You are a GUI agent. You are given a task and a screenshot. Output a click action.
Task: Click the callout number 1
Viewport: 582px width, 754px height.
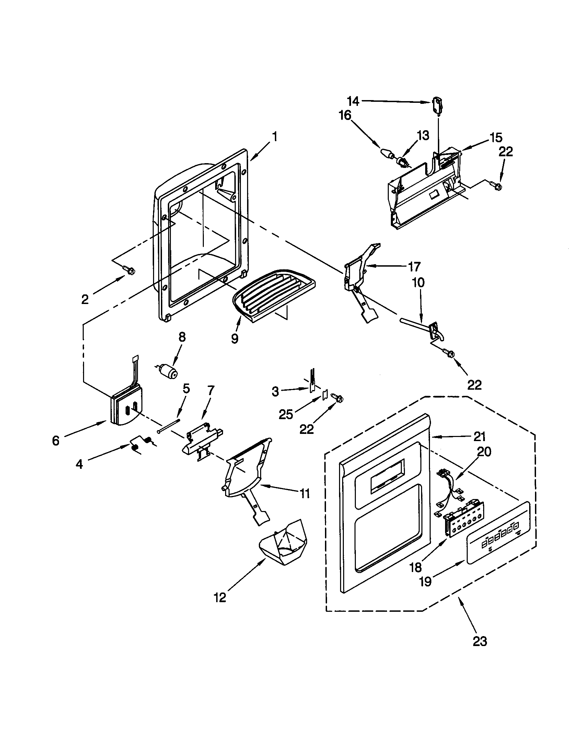275,137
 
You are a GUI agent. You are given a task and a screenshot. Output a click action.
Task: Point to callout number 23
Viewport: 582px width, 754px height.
480,641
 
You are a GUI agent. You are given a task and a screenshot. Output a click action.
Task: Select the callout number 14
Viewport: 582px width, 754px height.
353,101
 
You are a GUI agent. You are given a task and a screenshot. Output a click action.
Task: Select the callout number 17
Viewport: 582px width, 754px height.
414,267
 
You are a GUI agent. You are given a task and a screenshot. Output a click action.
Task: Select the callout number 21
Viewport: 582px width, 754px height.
479,437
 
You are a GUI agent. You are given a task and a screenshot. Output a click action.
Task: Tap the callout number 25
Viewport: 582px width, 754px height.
286,414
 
